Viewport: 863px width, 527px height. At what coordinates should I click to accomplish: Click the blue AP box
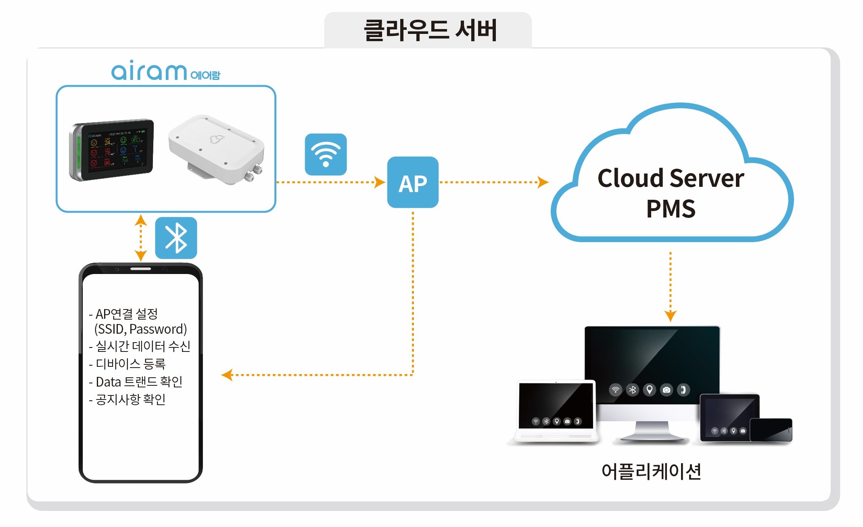(x=412, y=182)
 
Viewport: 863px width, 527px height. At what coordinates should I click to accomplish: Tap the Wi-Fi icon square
(x=326, y=154)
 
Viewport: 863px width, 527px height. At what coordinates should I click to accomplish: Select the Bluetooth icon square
(x=176, y=238)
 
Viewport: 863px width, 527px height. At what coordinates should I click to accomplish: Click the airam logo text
(x=149, y=71)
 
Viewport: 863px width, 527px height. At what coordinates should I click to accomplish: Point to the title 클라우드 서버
(x=430, y=30)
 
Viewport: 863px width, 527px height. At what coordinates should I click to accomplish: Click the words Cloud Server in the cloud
(x=671, y=178)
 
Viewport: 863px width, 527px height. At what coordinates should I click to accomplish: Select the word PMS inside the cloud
(x=671, y=209)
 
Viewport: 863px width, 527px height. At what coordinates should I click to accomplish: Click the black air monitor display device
(x=112, y=150)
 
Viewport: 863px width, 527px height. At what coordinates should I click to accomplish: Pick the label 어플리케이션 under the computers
(x=651, y=471)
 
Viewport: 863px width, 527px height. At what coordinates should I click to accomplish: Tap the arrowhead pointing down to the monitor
(x=670, y=316)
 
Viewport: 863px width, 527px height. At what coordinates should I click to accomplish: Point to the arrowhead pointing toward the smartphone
(x=227, y=375)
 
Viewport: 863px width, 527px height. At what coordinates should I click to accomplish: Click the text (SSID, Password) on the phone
(x=140, y=329)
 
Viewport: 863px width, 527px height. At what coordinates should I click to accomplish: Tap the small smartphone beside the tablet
(x=771, y=430)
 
